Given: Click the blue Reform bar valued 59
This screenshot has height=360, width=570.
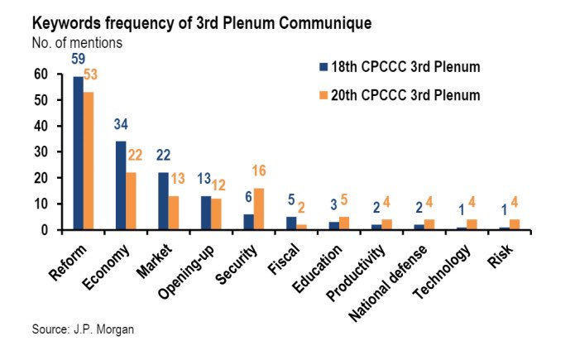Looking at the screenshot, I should [x=79, y=153].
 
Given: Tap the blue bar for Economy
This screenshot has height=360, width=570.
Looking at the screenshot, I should [x=121, y=185].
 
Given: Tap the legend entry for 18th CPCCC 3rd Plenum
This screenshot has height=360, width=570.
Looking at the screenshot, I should [x=395, y=67].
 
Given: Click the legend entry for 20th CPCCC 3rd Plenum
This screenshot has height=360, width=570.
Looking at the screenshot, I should [x=395, y=94].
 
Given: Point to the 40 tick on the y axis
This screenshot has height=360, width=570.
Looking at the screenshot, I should [x=40, y=127].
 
